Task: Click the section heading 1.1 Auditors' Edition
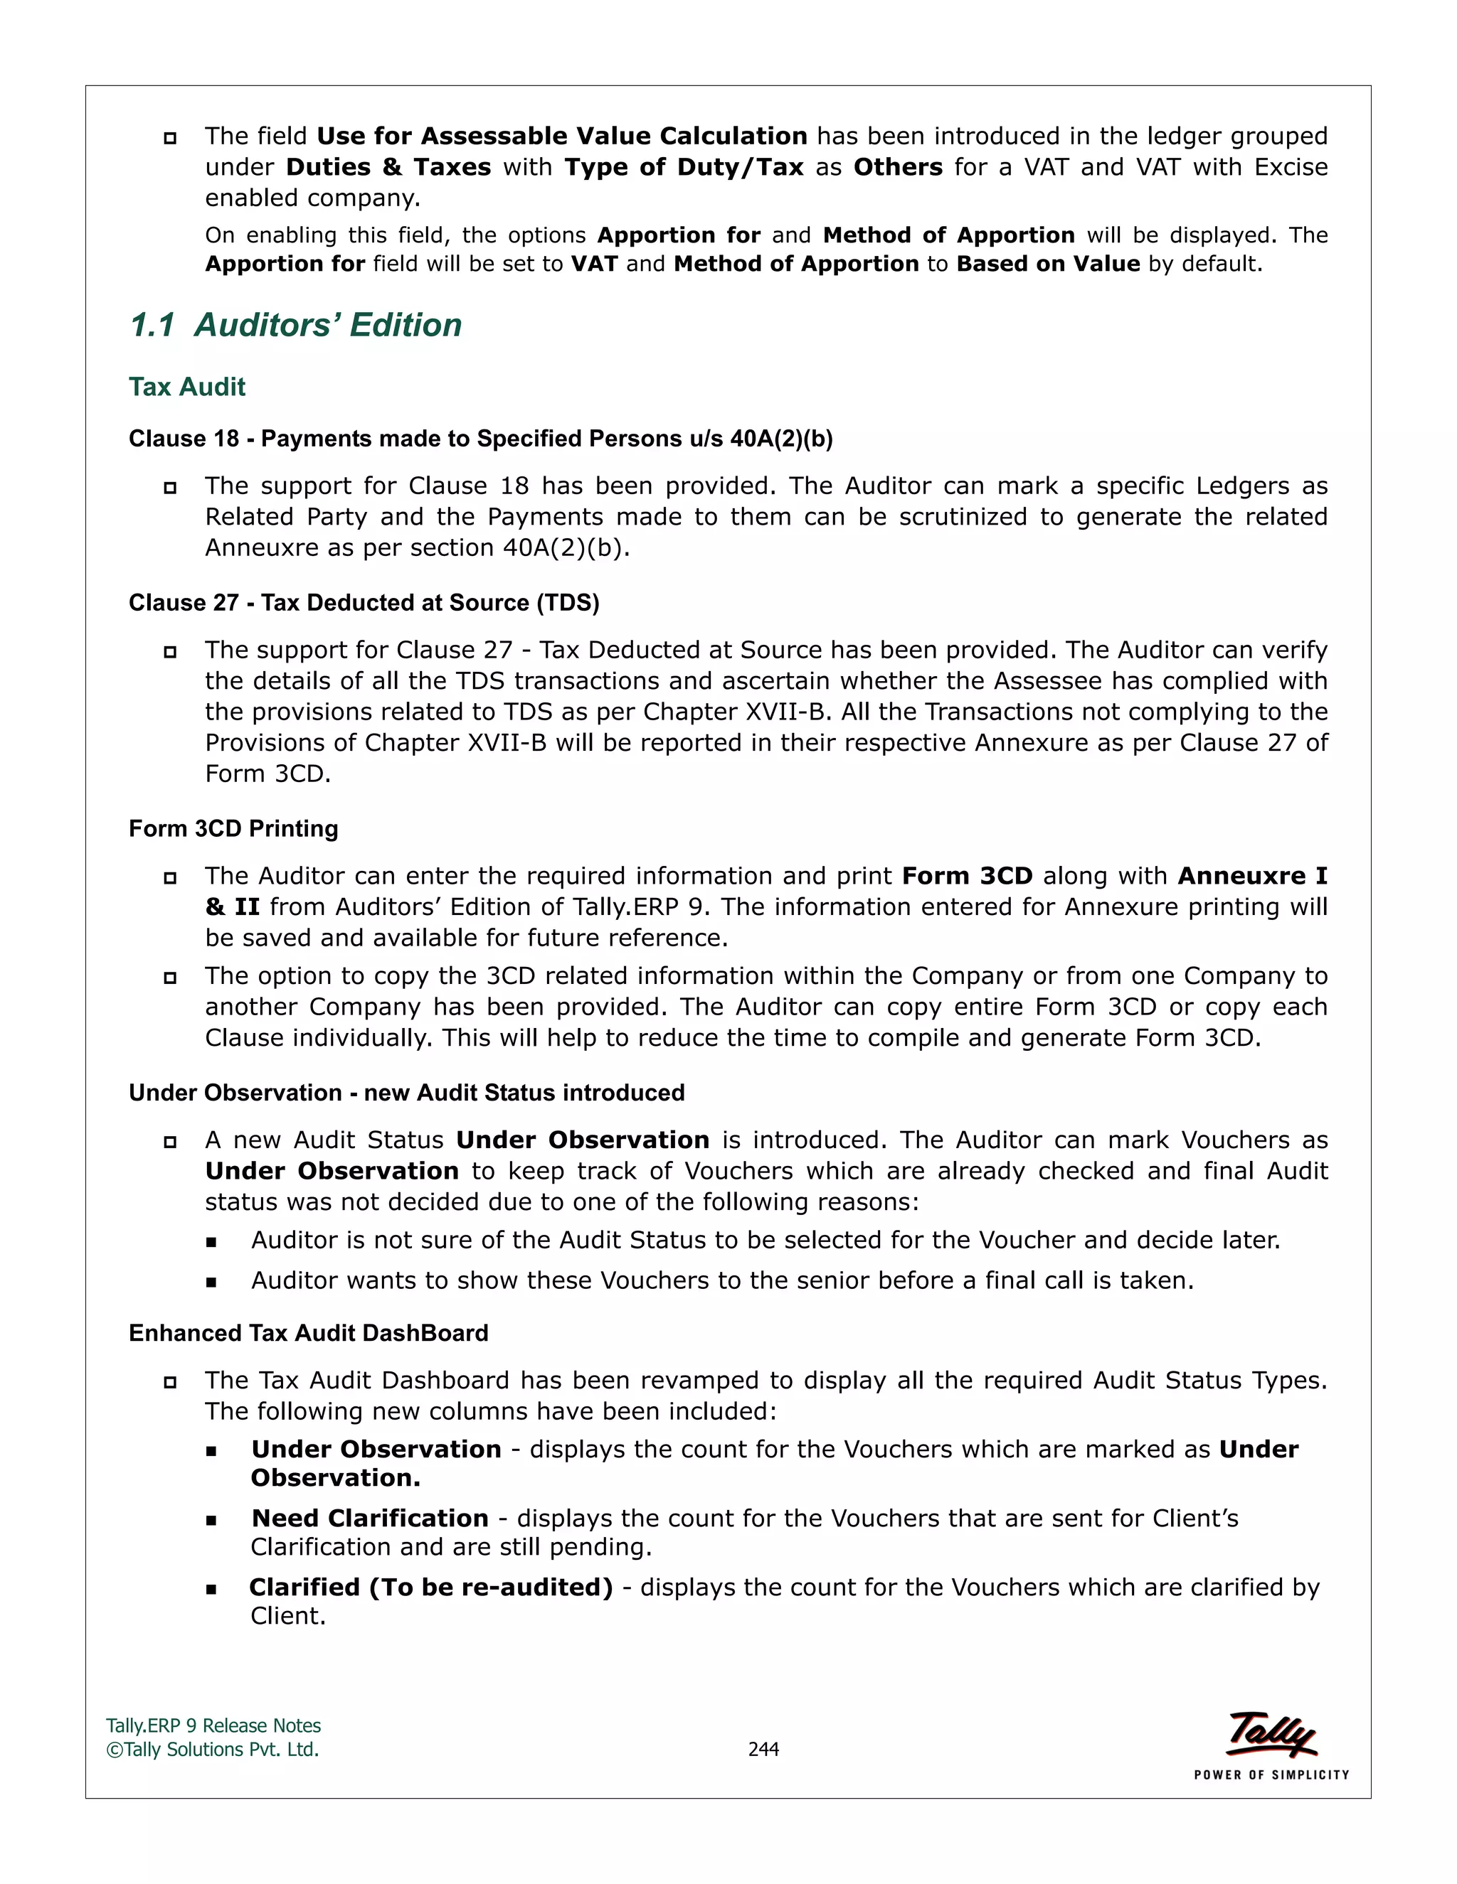[x=295, y=325]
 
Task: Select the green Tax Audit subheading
[x=186, y=387]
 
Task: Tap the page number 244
[x=763, y=1749]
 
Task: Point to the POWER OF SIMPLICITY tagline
[x=1271, y=1775]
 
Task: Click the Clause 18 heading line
[x=480, y=439]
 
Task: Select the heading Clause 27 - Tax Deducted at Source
[x=364, y=602]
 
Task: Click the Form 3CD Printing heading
[x=233, y=828]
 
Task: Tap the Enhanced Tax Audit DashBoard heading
[x=308, y=1333]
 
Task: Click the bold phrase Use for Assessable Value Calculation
[x=562, y=137]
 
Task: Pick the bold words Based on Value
[x=1048, y=264]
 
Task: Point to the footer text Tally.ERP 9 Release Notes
[x=213, y=1725]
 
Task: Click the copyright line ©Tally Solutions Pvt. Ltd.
[x=212, y=1749]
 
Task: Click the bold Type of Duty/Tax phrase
[x=684, y=167]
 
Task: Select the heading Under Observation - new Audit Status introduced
[x=406, y=1092]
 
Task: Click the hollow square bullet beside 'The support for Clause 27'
[x=170, y=651]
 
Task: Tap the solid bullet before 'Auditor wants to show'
[x=211, y=1282]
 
